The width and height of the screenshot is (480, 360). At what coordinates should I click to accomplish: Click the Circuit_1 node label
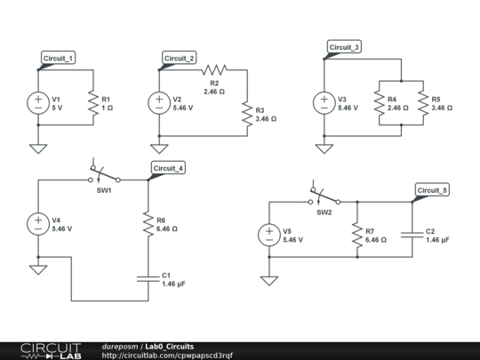click(x=59, y=58)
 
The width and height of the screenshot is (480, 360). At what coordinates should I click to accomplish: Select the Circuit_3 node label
click(x=345, y=47)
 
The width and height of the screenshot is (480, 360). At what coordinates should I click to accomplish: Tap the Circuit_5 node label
click(x=433, y=190)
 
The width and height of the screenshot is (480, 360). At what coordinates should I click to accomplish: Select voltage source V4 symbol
click(x=38, y=224)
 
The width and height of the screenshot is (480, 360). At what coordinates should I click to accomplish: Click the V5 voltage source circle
click(x=268, y=236)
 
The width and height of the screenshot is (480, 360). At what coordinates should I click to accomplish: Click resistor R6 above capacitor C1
click(x=148, y=224)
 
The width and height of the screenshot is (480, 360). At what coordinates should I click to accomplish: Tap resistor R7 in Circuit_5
click(x=356, y=236)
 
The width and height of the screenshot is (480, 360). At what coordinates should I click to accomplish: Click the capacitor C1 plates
click(x=148, y=278)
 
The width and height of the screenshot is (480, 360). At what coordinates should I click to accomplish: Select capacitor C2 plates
click(x=412, y=236)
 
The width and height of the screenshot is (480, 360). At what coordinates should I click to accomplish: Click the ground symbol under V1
click(x=38, y=147)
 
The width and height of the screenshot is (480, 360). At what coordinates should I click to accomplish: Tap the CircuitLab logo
click(x=42, y=350)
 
